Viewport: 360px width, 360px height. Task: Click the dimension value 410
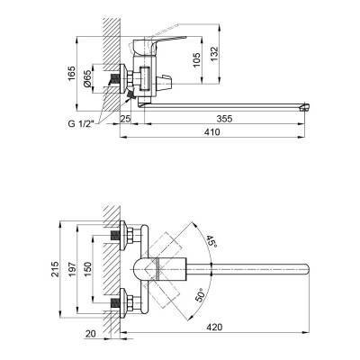pos(211,131)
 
